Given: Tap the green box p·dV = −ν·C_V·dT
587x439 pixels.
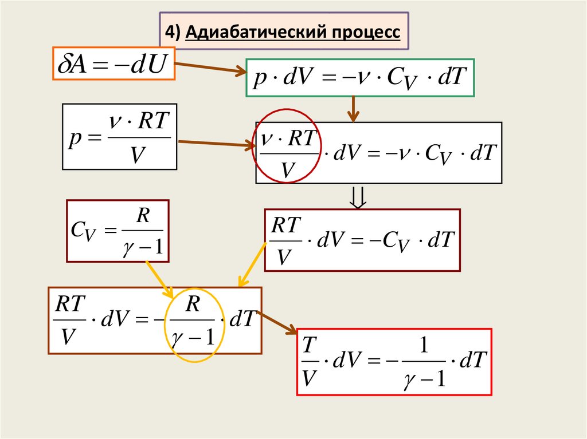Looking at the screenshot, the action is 359,78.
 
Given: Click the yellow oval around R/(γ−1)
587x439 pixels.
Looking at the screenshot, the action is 193,325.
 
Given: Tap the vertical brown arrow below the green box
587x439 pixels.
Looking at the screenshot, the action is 354,109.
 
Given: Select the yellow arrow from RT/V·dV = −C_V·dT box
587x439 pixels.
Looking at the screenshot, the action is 253,264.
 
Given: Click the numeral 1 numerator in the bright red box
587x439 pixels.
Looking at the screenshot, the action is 424,347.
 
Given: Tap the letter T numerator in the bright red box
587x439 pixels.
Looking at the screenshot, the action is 310,346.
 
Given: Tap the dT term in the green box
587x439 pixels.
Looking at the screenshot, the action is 449,78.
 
